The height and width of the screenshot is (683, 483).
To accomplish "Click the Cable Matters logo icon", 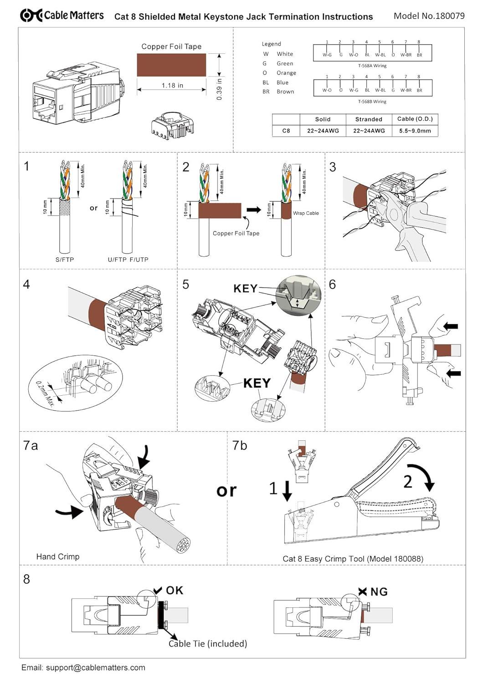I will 31,15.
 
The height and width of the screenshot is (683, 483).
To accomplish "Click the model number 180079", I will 450,15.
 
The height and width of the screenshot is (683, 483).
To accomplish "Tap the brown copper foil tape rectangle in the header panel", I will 171,65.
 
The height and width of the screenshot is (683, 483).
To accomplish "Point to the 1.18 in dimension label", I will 172,85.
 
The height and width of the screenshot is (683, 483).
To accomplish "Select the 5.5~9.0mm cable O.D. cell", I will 415,131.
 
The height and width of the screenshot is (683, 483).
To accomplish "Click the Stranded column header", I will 369,119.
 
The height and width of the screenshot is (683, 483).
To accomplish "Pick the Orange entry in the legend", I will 286,73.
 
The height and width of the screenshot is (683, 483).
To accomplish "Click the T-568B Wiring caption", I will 372,102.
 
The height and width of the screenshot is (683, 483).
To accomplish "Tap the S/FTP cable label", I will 65,260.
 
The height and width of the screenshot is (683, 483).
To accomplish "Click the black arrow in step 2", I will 254,210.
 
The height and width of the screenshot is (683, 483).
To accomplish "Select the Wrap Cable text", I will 306,213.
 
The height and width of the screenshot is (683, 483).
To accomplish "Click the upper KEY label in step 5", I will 245,289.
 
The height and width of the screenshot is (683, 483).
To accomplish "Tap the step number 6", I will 332,285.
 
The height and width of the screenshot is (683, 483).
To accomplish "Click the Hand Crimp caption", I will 58,556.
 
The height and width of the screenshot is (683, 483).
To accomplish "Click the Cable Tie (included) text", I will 208,643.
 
